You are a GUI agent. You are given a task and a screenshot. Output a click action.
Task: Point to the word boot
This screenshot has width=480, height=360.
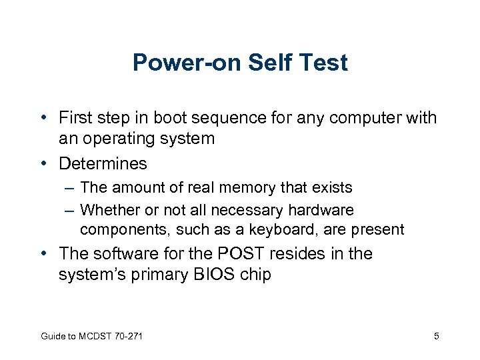(x=170, y=119)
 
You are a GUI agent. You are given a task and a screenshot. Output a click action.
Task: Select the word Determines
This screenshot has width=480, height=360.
(x=103, y=163)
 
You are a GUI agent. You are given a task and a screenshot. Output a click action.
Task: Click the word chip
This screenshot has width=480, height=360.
(x=254, y=275)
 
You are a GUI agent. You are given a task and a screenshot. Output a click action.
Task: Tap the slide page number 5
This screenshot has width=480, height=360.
(x=436, y=336)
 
